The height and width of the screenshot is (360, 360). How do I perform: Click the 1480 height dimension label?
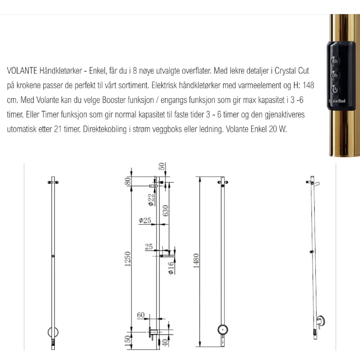click(x=196, y=261)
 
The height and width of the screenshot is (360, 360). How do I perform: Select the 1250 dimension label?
click(x=127, y=259)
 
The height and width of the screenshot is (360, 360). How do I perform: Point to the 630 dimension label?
click(x=165, y=211)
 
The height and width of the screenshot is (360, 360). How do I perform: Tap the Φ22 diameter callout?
click(x=151, y=200)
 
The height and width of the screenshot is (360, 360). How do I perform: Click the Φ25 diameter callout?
click(x=145, y=220)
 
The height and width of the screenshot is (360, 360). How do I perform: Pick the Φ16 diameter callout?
click(x=171, y=268)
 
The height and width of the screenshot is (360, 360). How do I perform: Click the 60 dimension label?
click(x=141, y=315)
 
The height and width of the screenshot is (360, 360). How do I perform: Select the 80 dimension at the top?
click(x=128, y=181)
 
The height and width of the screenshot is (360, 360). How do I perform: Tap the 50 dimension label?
click(x=162, y=166)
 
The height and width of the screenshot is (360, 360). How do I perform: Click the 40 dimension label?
click(x=165, y=342)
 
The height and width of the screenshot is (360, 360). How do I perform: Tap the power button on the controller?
click(x=335, y=90)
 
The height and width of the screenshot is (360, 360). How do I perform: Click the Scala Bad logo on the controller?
click(x=337, y=101)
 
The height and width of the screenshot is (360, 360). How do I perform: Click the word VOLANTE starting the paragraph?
click(x=22, y=71)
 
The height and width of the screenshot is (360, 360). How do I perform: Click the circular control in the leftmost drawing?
click(x=53, y=332)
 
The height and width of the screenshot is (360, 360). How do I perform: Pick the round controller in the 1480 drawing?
click(x=223, y=330)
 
